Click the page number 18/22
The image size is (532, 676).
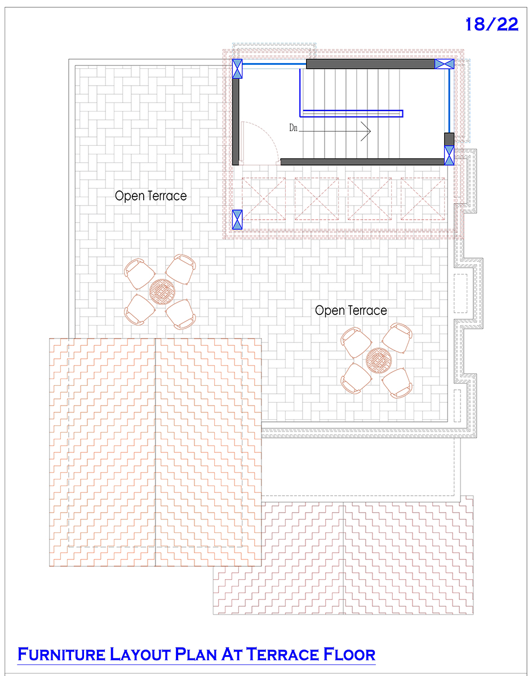[492, 24]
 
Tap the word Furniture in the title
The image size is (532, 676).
[61, 655]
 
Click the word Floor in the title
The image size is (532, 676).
[349, 655]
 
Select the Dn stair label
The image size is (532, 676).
[293, 128]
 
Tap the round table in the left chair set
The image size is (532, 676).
[162, 291]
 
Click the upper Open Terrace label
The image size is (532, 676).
[151, 196]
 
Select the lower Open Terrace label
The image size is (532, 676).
[351, 310]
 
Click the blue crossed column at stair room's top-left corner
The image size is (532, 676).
[237, 69]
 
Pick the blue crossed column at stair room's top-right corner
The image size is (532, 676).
[444, 64]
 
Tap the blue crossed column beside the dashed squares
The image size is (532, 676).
[237, 219]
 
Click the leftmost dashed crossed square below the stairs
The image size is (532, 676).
[264, 199]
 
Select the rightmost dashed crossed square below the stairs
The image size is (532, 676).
[423, 199]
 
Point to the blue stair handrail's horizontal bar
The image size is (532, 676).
[351, 113]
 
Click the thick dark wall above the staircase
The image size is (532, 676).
[370, 64]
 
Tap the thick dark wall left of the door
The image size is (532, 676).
[236, 122]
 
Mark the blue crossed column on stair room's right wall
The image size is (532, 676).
[449, 155]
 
